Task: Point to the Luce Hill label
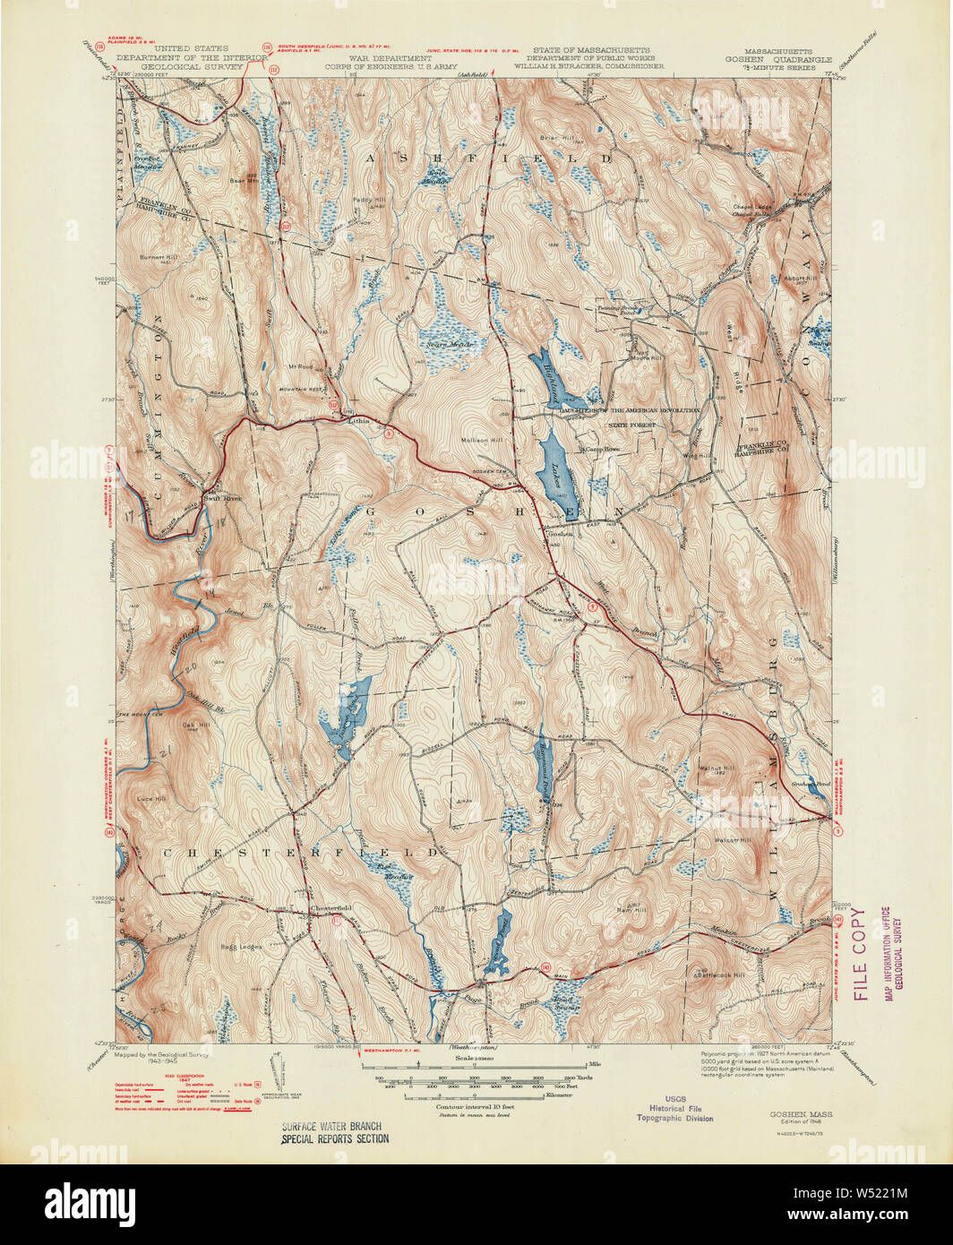(150, 799)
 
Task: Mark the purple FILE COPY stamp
(861, 953)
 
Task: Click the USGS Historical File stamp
(675, 1108)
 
